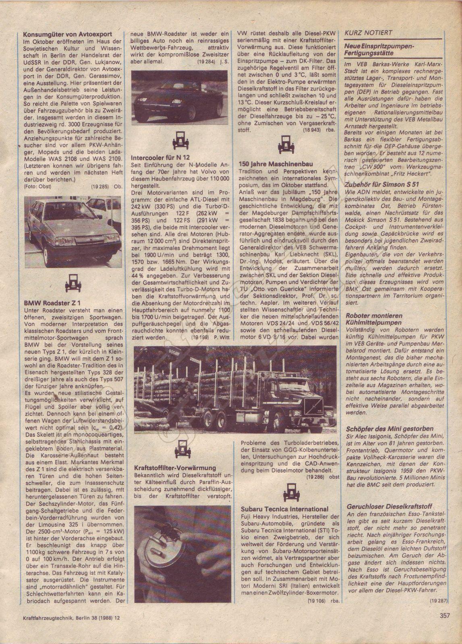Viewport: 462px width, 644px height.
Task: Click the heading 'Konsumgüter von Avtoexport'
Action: [67, 35]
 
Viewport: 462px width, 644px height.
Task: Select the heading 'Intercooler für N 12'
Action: [161, 158]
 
